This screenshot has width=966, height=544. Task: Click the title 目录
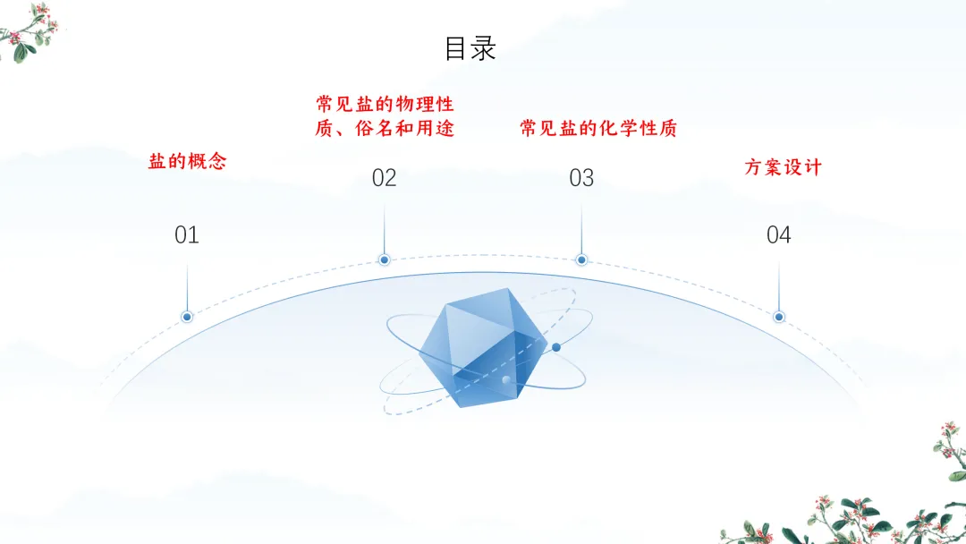470,47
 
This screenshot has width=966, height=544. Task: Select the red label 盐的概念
187,162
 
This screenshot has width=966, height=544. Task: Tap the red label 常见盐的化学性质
598,129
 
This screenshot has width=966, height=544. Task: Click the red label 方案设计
783,167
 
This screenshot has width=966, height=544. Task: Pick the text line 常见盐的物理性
385,105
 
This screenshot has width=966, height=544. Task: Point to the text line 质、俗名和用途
385,129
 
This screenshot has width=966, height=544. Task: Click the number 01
187,235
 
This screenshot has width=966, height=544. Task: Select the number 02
384,178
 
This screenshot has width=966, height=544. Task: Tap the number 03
581,178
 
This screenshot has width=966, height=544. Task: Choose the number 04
779,235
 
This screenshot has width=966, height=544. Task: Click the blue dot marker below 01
187,317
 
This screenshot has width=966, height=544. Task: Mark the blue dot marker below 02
384,259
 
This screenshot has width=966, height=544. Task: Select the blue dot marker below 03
581,259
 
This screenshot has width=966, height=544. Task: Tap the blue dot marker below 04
779,317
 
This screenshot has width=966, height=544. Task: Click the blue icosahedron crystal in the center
483,344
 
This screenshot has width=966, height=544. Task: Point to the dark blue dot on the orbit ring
556,347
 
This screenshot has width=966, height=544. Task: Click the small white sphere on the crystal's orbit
506,381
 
